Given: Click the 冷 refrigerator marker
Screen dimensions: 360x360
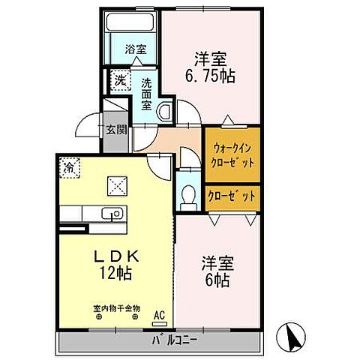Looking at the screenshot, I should point(68,166).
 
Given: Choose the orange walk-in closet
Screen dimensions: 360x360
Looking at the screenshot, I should point(232,155).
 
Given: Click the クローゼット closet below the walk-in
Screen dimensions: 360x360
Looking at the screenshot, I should point(232,195).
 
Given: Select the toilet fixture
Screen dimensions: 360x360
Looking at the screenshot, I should point(190,196).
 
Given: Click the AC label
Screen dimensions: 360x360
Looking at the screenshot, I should point(159,316).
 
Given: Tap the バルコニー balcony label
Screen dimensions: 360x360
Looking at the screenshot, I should point(176,340).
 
